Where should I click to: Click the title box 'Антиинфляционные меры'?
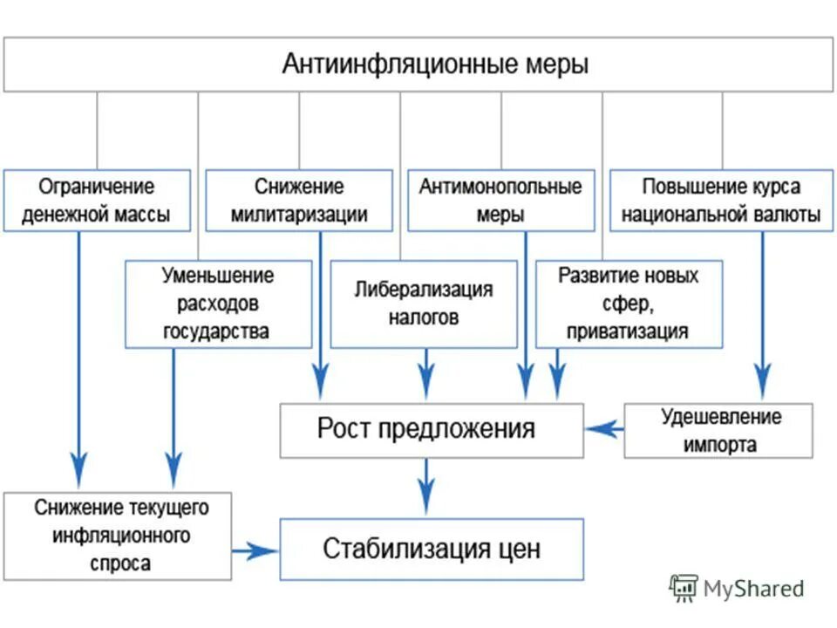418,65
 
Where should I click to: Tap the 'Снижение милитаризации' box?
299,201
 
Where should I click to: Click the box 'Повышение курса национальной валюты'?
720,201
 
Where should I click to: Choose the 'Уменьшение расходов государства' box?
218,304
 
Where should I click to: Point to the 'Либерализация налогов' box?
423,304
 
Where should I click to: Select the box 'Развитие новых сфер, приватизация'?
628,304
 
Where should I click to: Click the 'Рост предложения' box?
431,429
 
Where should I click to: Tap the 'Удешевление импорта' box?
718,430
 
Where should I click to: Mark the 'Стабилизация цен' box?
431,549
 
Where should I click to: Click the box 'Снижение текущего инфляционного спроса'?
117,535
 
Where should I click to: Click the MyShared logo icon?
684,588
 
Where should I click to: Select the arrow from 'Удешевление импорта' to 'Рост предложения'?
603,428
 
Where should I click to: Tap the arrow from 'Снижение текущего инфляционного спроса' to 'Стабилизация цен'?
255,550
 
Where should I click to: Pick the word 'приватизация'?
627,331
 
